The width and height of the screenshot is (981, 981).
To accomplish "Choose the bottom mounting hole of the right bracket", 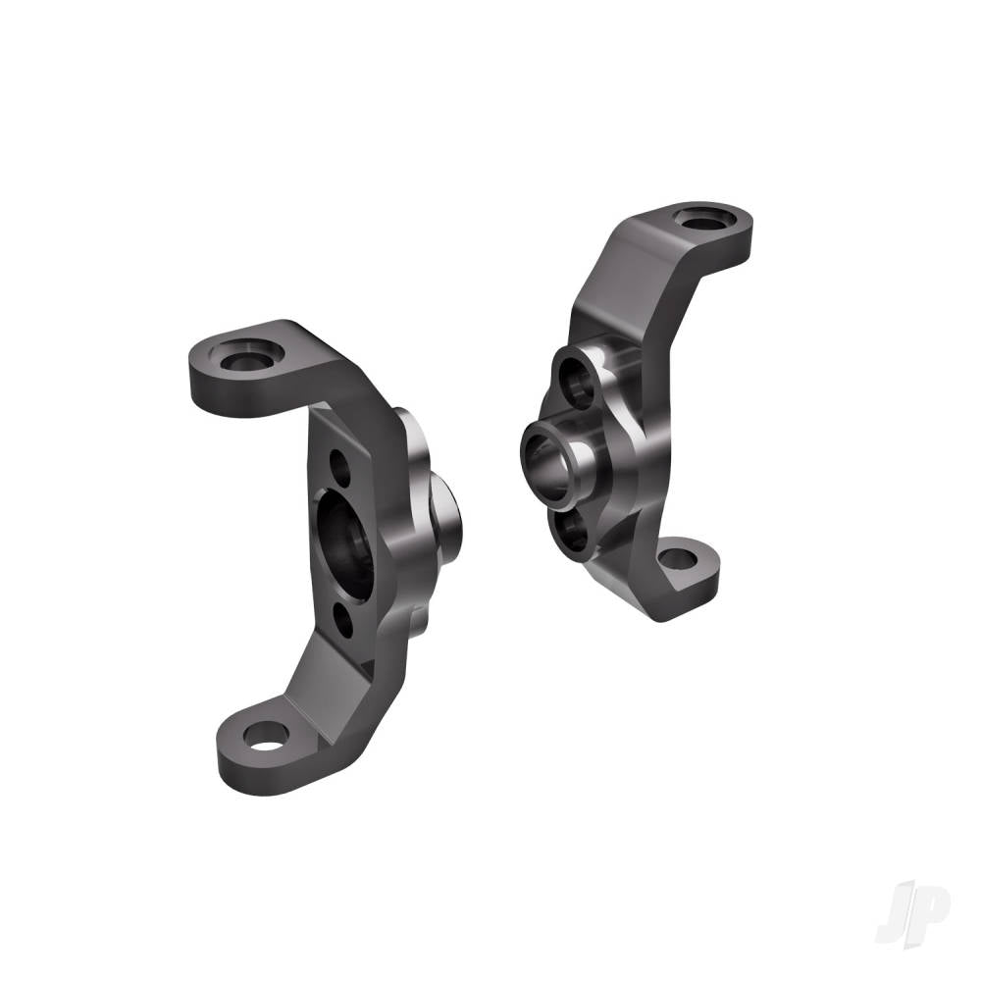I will (x=677, y=559).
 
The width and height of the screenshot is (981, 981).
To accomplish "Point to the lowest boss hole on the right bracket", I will (x=571, y=534).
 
